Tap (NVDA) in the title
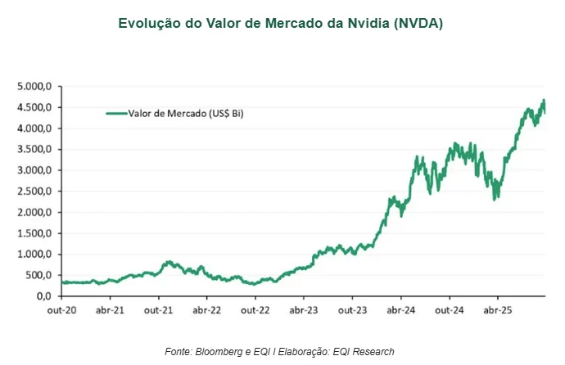418,24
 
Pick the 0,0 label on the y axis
44,296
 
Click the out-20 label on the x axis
61,311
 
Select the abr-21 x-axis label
110,311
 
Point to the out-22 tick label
255,311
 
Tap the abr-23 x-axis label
304,311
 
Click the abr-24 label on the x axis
400,311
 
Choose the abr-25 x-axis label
498,311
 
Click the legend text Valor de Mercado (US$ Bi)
186,115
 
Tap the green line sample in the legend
116,115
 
